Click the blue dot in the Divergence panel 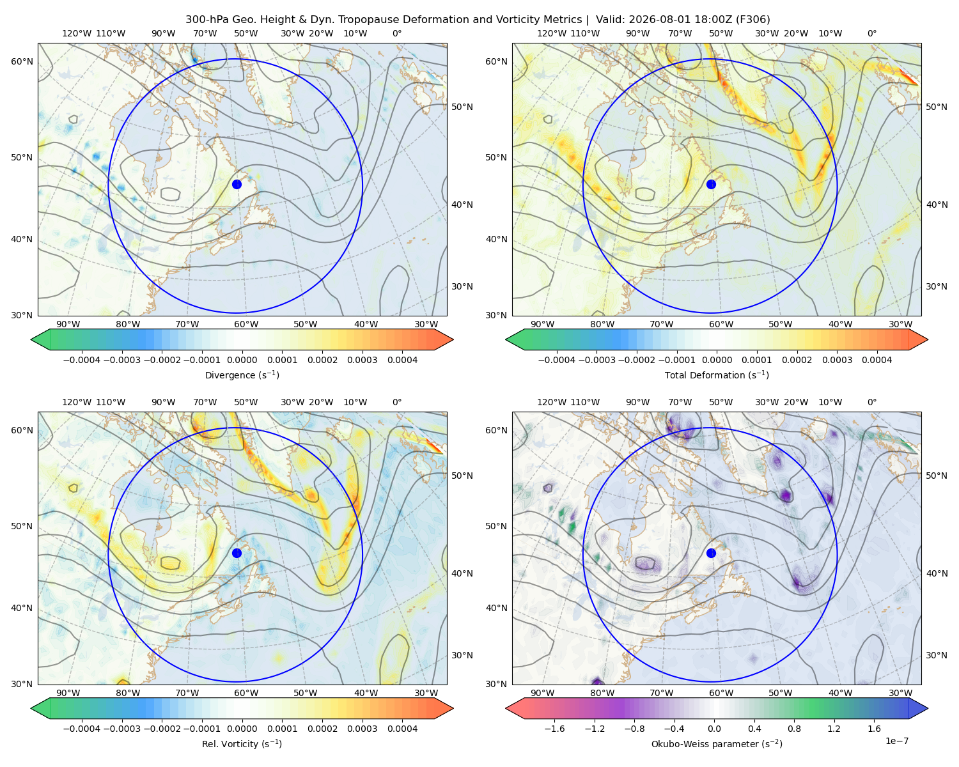coord(237,184)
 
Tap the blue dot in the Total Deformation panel coord(711,184)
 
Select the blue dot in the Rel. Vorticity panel coord(237,553)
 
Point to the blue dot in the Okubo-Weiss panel coord(711,553)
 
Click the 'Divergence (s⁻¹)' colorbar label coord(242,375)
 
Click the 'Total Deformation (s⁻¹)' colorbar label coord(717,375)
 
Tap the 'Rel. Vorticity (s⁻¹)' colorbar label coord(242,743)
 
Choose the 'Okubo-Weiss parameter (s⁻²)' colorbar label coord(717,743)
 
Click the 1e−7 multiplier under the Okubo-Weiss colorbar coord(896,741)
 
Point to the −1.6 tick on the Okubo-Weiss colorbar coord(554,729)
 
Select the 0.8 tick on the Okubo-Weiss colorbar coord(794,729)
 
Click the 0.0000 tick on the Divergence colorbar coord(242,360)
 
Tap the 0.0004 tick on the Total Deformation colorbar coord(877,360)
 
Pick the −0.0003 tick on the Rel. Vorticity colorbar coord(121,729)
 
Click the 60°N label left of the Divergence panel coord(22,61)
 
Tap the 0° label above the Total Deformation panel coord(871,33)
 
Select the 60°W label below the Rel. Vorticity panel coord(246,693)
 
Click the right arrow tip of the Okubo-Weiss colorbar coord(928,708)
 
